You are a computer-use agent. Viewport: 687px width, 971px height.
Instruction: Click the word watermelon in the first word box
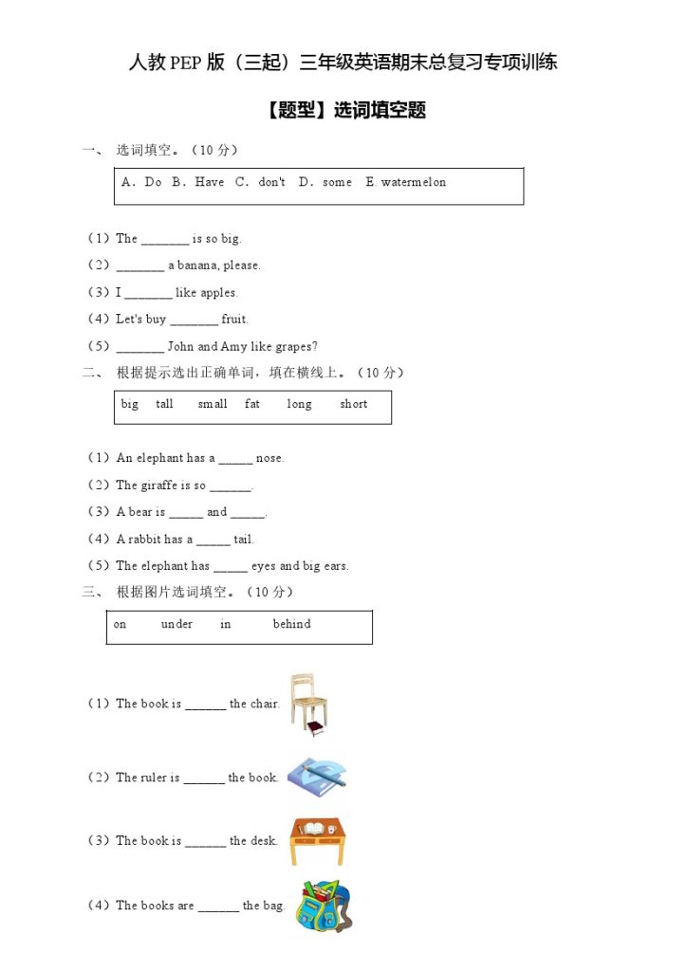coord(413,182)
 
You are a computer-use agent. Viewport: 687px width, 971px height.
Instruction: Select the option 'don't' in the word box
coord(271,182)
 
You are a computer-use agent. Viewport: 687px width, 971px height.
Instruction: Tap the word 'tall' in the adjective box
coord(165,404)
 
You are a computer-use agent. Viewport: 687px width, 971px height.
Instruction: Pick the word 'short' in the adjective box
coord(353,404)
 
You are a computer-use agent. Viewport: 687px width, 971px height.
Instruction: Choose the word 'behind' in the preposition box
coord(291,624)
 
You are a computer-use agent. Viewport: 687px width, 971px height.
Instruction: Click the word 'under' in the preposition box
coord(176,624)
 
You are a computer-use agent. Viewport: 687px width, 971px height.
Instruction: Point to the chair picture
coord(308,704)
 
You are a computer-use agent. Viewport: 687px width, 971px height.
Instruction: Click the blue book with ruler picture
coord(318,777)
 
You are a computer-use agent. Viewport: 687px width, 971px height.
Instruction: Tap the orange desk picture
coord(318,840)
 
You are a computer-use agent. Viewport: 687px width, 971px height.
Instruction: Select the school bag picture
coord(322,907)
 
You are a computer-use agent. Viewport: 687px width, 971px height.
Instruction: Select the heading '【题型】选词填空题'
coord(343,110)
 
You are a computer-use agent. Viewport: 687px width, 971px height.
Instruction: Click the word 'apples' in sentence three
coord(218,293)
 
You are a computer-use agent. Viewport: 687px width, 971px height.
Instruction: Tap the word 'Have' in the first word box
coord(209,182)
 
